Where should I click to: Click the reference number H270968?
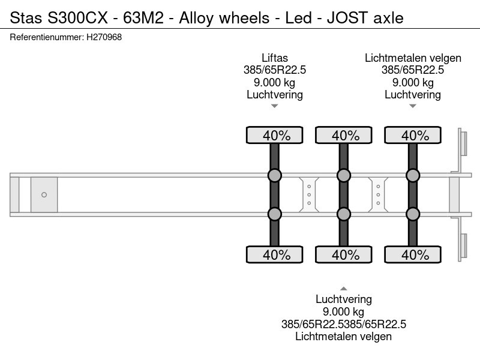104,37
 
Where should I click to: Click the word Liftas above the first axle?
275,58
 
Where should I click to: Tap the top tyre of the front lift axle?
275,135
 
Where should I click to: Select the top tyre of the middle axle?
344,135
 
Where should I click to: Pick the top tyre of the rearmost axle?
413,135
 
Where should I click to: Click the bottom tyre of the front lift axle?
275,254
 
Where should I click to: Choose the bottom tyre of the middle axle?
344,254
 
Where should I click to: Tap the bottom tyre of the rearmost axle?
413,254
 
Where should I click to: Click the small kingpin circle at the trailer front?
44,194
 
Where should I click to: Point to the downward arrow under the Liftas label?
275,106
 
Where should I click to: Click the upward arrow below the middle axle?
344,289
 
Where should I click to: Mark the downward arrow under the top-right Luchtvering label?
413,106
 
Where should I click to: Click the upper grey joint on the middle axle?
344,175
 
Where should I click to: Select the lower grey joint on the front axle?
275,214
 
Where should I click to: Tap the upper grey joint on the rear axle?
413,175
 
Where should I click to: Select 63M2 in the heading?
143,18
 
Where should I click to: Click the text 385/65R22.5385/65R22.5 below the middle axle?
344,324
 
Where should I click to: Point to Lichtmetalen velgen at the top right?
413,58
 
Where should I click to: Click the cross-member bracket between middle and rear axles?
379,194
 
